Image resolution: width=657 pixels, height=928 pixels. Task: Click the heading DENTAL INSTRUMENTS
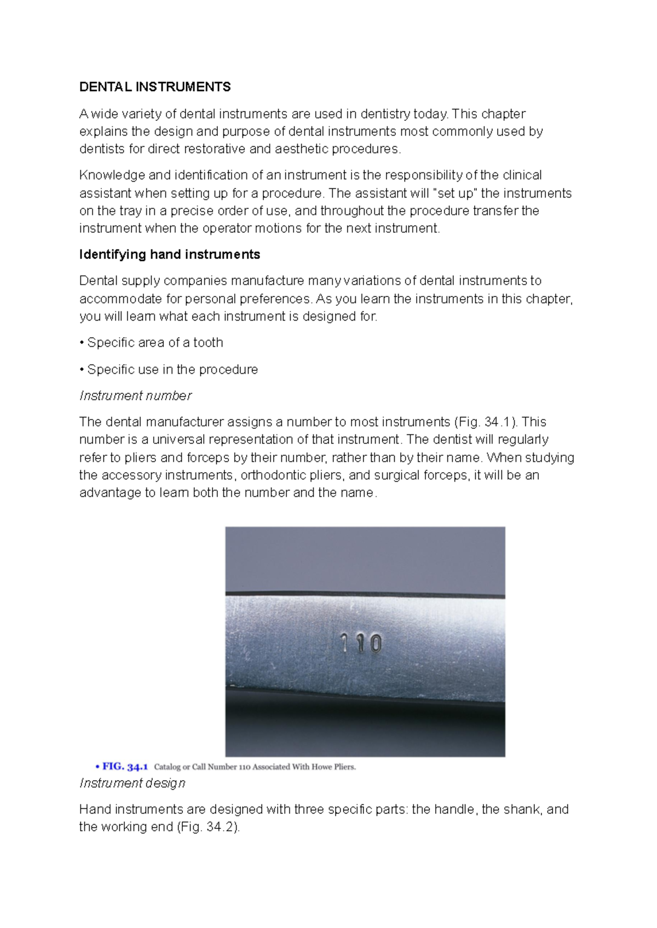coord(155,87)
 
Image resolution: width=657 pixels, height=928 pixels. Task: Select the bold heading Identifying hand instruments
coord(169,254)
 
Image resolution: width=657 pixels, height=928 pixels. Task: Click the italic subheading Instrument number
coord(135,396)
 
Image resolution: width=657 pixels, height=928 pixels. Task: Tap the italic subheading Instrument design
coord(132,783)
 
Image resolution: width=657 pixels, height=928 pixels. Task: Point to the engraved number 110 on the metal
coord(360,643)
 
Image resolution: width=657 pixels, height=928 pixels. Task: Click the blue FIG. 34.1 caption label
coord(124,767)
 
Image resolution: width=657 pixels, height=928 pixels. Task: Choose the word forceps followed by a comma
coord(449,475)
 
